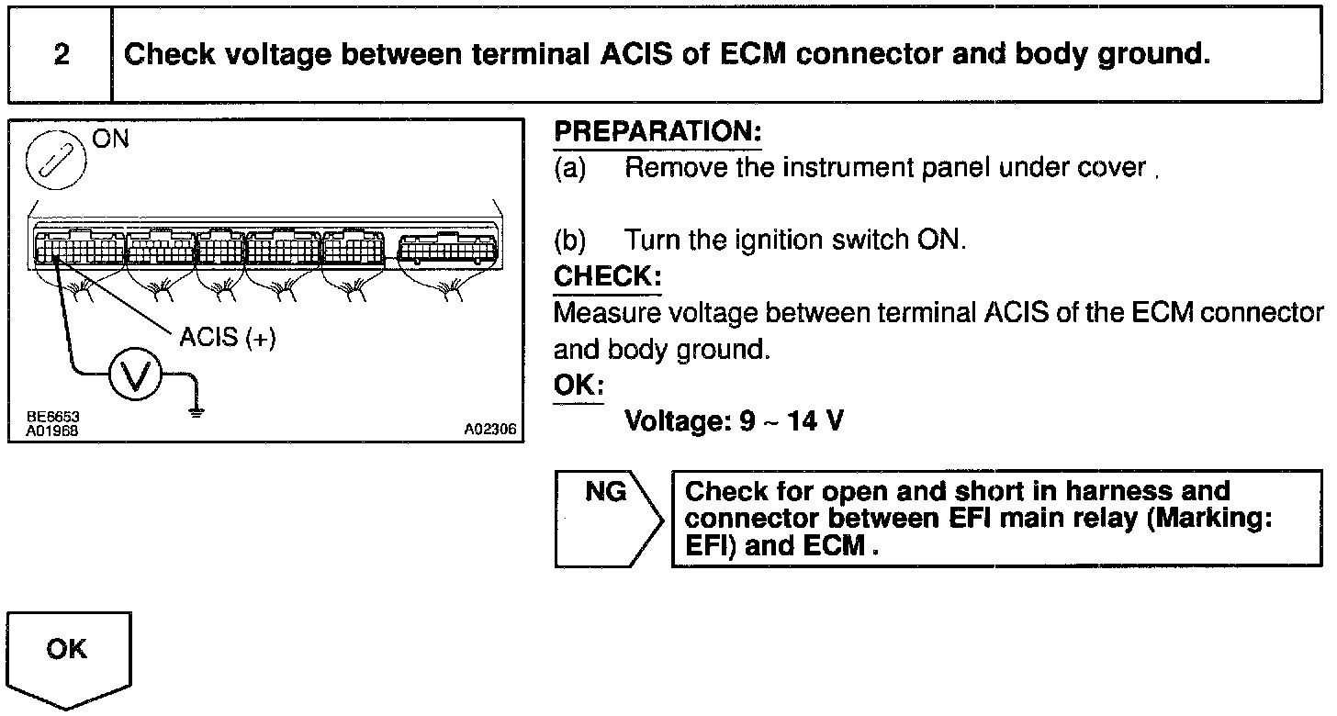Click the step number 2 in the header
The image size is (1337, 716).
[61, 55]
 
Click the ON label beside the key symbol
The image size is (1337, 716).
[110, 140]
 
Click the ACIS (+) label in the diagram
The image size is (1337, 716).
[228, 338]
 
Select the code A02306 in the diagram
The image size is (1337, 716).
[489, 429]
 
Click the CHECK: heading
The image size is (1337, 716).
[607, 275]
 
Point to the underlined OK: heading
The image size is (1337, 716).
[578, 386]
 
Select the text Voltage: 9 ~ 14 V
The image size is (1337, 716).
[734, 422]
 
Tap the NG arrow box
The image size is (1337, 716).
[607, 520]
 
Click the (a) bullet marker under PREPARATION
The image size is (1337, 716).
[570, 168]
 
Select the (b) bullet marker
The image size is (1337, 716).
[570, 241]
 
